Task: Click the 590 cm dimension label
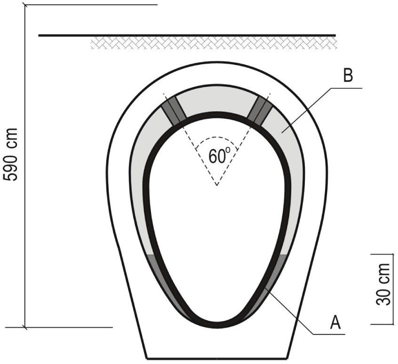pyautogui.click(x=10, y=155)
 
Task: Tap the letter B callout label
pyautogui.click(x=348, y=75)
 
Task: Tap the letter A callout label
pyautogui.click(x=335, y=322)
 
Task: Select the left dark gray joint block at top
pyautogui.click(x=174, y=111)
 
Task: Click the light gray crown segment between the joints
pyautogui.click(x=216, y=100)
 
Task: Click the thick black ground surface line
pyautogui.click(x=187, y=35)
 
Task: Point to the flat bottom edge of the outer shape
pyautogui.click(x=217, y=359)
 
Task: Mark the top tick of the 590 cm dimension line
pyautogui.click(x=24, y=5)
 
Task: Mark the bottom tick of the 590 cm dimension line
pyautogui.click(x=24, y=327)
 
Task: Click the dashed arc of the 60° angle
pyautogui.click(x=216, y=139)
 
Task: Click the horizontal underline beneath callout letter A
pyautogui.click(x=329, y=334)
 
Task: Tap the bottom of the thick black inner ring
pyautogui.click(x=216, y=325)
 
